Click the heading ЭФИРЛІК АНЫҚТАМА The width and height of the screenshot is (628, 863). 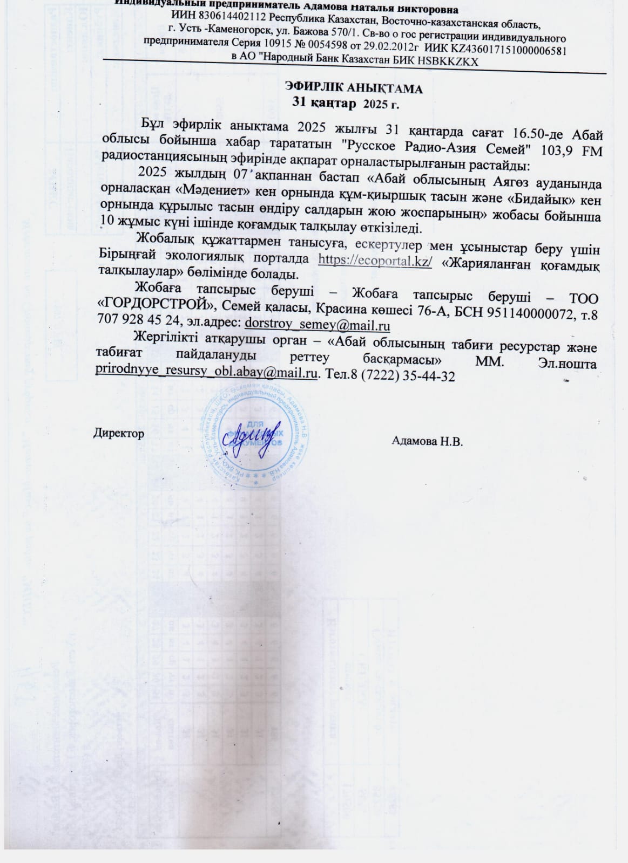353,88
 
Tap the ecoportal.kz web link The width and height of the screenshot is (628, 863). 375,259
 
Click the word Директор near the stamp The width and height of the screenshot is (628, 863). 119,433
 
